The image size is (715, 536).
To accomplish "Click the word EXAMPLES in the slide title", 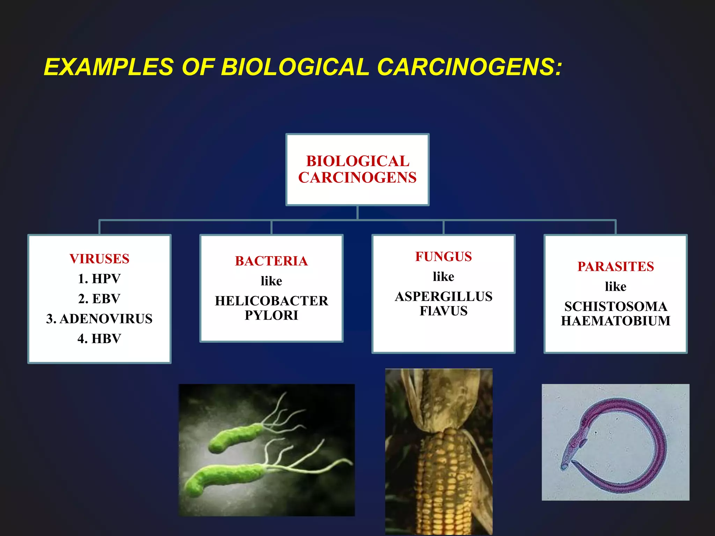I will click(109, 67).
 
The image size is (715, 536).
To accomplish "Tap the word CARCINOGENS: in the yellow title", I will click(470, 67).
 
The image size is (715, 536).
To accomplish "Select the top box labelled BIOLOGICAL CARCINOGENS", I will click(357, 170).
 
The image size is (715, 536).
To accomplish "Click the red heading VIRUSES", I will click(99, 259).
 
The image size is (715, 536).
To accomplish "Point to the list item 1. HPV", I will click(99, 279).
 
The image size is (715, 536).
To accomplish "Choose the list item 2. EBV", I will click(99, 299).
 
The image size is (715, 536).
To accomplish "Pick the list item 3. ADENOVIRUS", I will click(99, 319).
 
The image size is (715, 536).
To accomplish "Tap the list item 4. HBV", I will click(99, 338).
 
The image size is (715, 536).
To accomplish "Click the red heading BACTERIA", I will click(271, 261).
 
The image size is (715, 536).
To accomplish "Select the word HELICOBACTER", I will click(271, 301).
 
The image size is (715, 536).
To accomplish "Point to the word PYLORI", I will click(271, 315).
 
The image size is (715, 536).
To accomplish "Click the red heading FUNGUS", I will click(443, 256).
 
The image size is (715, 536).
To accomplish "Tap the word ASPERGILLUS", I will click(443, 297).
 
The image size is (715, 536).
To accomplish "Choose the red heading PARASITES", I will click(616, 267).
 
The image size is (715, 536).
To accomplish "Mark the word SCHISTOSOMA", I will click(616, 306).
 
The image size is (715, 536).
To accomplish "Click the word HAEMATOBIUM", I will click(616, 321).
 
